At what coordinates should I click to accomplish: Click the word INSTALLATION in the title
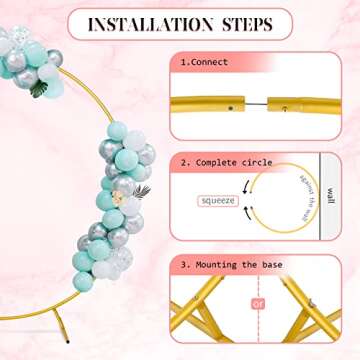pyautogui.click(x=150, y=24)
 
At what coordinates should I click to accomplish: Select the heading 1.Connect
pyautogui.click(x=204, y=62)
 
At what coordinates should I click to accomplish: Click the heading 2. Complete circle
pyautogui.click(x=226, y=163)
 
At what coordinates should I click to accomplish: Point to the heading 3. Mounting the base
pyautogui.click(x=231, y=265)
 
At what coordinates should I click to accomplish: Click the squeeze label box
pyautogui.click(x=218, y=201)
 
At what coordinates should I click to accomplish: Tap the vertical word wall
pyautogui.click(x=330, y=197)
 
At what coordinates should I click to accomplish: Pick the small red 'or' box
pyautogui.click(x=258, y=304)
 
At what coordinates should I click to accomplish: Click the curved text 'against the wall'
pyautogui.click(x=308, y=197)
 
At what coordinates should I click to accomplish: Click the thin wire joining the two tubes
pyautogui.click(x=256, y=104)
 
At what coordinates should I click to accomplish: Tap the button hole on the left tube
pyautogui.click(x=230, y=108)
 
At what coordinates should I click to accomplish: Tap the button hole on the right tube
pyautogui.click(x=284, y=108)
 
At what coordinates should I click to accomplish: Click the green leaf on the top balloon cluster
pyautogui.click(x=39, y=89)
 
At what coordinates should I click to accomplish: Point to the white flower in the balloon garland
pyautogui.click(x=117, y=197)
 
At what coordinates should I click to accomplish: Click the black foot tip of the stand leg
pyautogui.click(x=68, y=341)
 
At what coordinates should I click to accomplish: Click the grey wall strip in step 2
pyautogui.click(x=330, y=196)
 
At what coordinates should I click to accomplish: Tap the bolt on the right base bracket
pyautogui.click(x=312, y=302)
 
